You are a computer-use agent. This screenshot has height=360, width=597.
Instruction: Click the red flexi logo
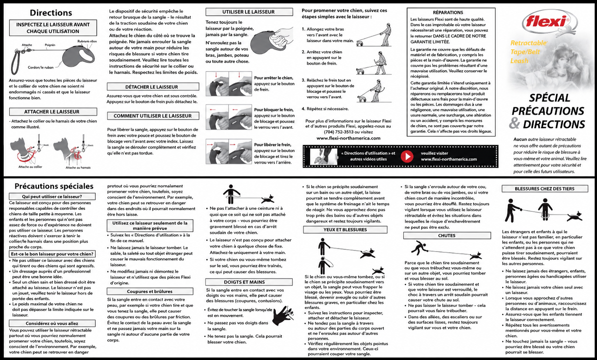pyautogui.click(x=549, y=23)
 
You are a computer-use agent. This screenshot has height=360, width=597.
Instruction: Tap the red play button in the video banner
pyautogui.click(x=407, y=156)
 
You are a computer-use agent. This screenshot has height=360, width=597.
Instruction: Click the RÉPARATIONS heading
pyautogui.click(x=448, y=13)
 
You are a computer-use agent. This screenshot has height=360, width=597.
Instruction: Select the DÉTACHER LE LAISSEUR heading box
pyautogui.click(x=153, y=87)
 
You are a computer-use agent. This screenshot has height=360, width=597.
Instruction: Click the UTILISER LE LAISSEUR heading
pyautogui.click(x=249, y=12)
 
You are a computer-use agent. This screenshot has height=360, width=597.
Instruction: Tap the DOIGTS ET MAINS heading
pyautogui.click(x=244, y=282)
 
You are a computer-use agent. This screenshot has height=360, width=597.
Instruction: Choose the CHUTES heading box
pyautogui.click(x=447, y=235)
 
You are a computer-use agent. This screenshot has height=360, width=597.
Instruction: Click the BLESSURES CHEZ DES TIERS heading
pyautogui.click(x=545, y=189)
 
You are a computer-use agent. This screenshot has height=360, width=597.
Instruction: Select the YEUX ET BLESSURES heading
pyautogui.click(x=345, y=230)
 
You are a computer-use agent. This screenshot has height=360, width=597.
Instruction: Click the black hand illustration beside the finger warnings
pyautogui.click(x=283, y=316)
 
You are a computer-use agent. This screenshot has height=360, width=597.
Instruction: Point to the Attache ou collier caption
pyautogui.click(x=30, y=167)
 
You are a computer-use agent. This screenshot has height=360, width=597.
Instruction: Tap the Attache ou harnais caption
pyautogui.click(x=78, y=167)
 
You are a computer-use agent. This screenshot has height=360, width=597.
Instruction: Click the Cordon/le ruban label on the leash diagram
pyautogui.click(x=41, y=67)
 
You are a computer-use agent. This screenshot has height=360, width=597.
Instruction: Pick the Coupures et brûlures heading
pyautogui.click(x=150, y=292)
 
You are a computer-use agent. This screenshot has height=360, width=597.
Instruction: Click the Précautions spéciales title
pyautogui.click(x=54, y=186)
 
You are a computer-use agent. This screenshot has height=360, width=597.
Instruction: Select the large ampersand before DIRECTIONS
pyautogui.click(x=514, y=123)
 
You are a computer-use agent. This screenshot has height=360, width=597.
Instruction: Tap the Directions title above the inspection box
pyautogui.click(x=51, y=13)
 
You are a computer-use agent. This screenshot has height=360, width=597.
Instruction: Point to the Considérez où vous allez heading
pyautogui.click(x=52, y=323)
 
